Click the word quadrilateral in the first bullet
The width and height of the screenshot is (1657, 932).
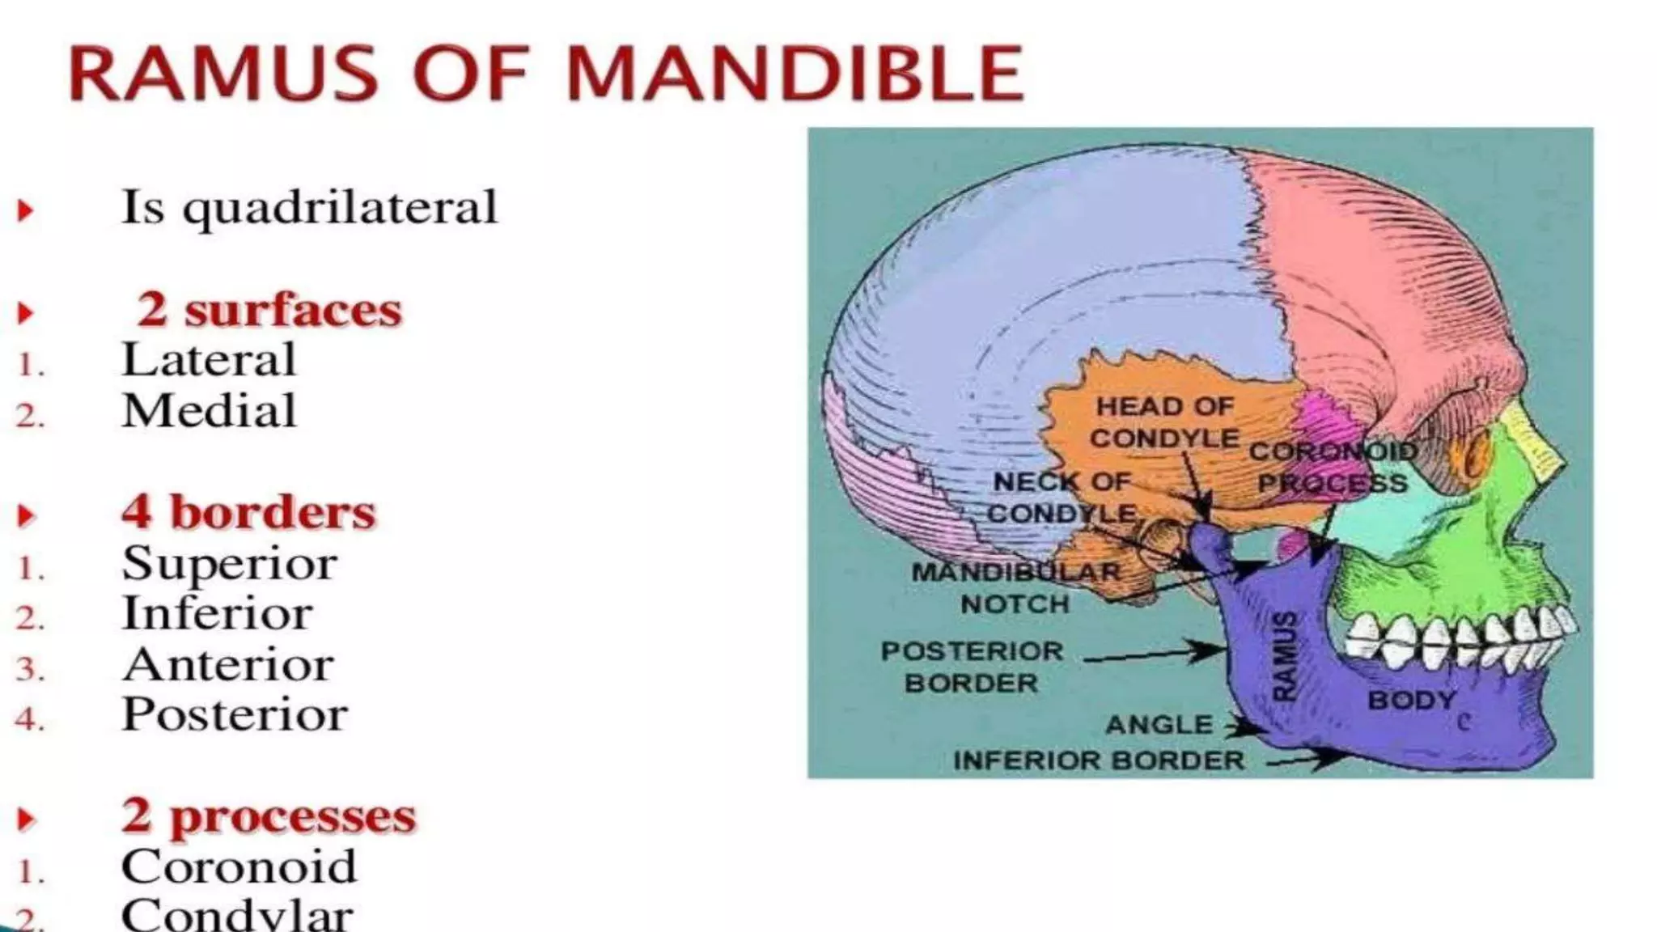point(340,208)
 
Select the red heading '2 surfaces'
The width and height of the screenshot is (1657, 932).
point(269,310)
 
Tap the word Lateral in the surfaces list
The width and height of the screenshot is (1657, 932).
point(209,360)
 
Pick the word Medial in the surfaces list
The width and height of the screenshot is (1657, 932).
point(209,411)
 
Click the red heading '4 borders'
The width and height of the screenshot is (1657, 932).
point(248,513)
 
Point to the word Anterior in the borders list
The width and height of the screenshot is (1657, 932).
point(227,665)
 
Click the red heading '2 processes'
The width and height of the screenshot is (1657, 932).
point(269,816)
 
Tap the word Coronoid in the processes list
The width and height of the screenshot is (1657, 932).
point(239,867)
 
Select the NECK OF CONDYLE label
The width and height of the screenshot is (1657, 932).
point(1062,498)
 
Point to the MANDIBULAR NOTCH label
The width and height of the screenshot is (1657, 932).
point(1015,588)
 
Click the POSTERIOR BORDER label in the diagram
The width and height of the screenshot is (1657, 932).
point(972,667)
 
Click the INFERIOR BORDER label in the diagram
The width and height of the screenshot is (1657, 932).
point(1098,760)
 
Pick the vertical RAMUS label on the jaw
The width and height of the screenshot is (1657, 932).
point(1284,655)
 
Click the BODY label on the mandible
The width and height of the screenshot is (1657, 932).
point(1411,700)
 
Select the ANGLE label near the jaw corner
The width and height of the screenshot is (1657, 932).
point(1159,724)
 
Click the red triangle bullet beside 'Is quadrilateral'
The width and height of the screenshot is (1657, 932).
point(26,210)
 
